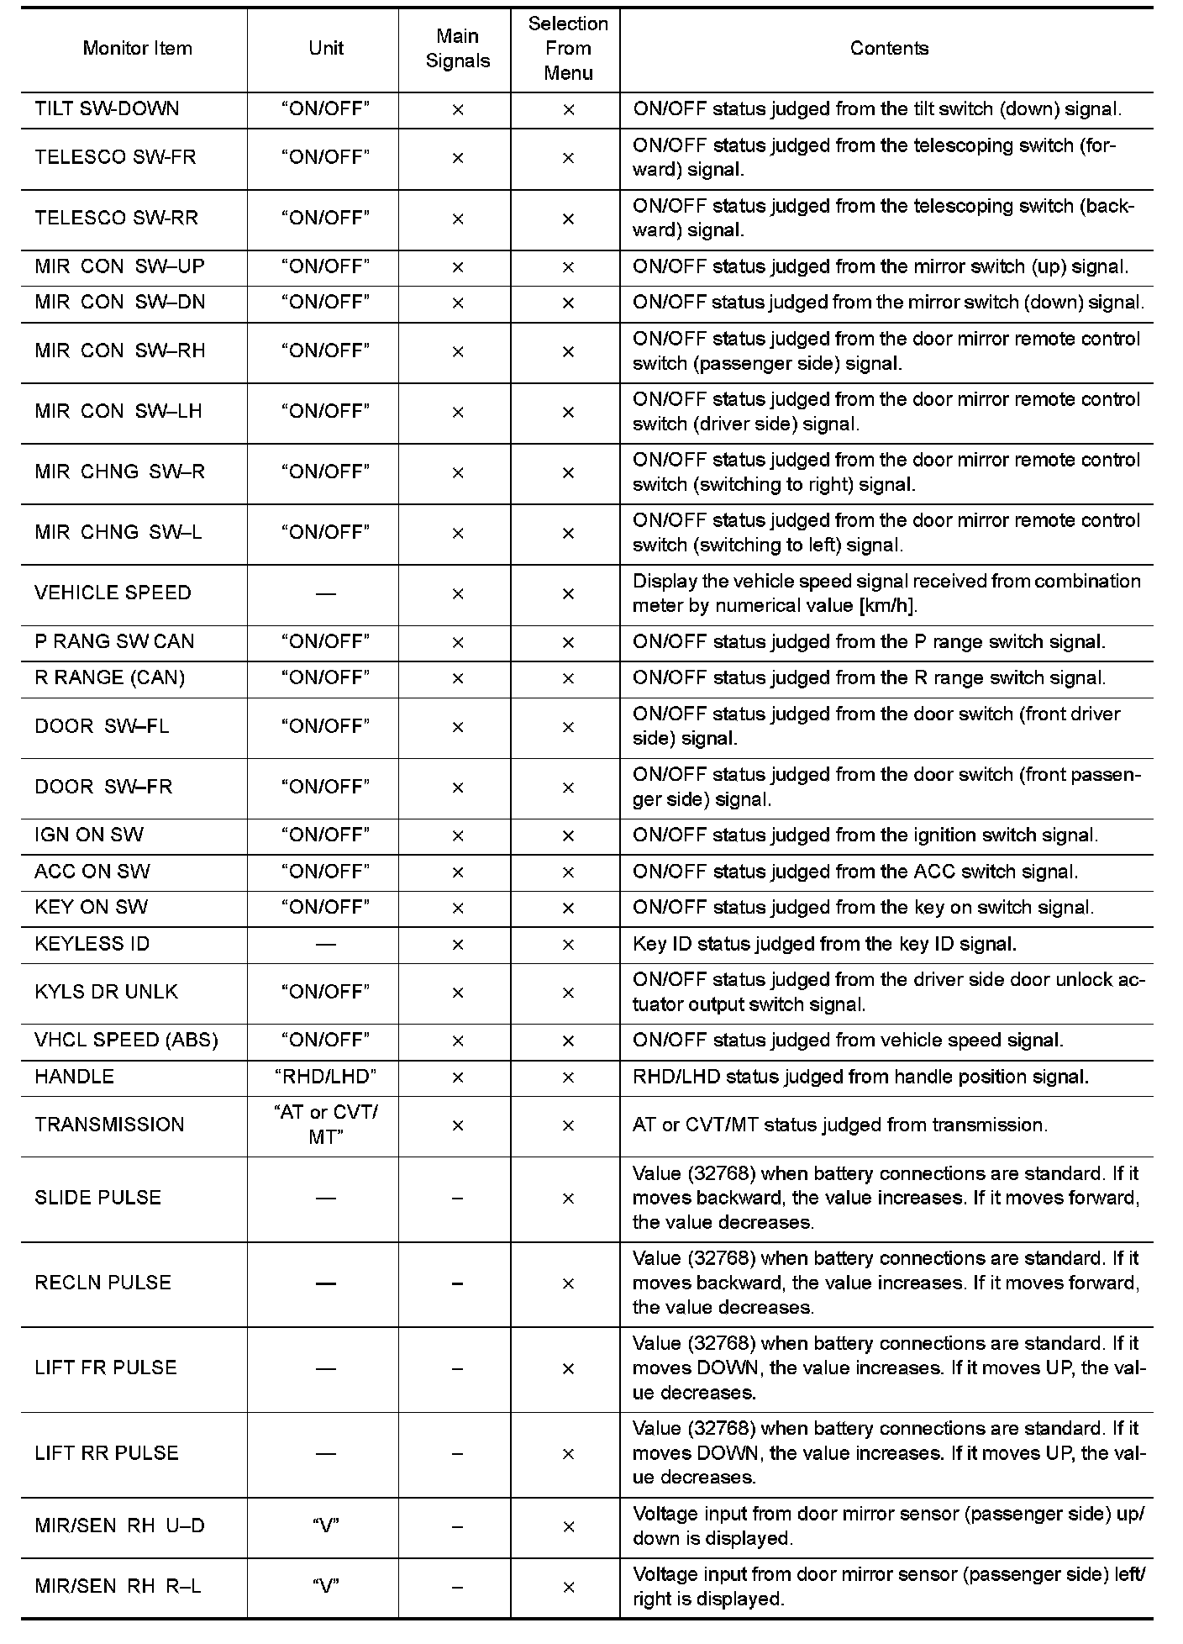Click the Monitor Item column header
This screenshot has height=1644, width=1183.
point(137,49)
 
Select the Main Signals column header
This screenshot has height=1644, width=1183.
point(457,49)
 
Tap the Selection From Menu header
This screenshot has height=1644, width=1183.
point(568,49)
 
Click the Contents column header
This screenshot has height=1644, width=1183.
point(889,49)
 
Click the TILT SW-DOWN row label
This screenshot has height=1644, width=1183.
point(107,109)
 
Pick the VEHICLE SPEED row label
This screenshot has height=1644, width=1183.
point(113,593)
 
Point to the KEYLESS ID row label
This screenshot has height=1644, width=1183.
point(92,944)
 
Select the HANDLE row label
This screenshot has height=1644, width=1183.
point(74,1077)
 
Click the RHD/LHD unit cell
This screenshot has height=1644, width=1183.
point(325,1077)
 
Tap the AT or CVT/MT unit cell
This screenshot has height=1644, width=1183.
point(325,1125)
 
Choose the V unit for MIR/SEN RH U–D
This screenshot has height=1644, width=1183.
point(325,1526)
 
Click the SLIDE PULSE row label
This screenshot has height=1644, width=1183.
point(97,1198)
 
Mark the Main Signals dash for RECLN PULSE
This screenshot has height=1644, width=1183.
point(457,1283)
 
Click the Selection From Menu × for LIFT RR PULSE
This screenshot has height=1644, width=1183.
point(568,1454)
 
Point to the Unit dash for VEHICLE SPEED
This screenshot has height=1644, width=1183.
point(325,594)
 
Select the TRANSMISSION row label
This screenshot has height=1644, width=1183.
point(109,1125)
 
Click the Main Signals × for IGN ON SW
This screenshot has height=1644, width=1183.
point(457,836)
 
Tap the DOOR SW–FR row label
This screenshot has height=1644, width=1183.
point(103,787)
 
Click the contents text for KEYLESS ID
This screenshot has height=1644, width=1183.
point(824,944)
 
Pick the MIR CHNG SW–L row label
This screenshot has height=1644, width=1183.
point(118,533)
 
